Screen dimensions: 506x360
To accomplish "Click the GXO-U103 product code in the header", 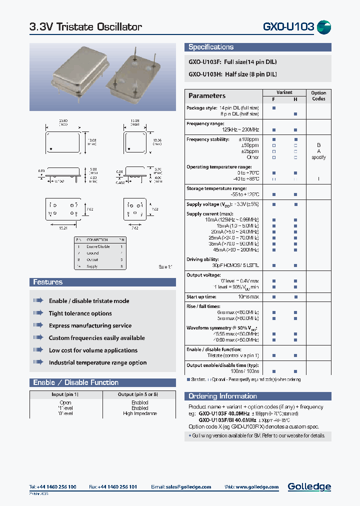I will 288,27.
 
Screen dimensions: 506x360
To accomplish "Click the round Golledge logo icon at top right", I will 324,27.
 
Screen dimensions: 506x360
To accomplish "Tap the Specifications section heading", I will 210,47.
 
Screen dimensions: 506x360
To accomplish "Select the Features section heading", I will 47,282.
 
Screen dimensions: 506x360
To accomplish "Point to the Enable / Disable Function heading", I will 75,382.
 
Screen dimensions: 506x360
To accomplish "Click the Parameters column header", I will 206,95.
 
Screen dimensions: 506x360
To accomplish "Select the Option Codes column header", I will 318,95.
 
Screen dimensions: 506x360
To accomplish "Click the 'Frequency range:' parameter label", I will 205,123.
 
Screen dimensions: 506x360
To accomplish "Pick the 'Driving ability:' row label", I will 202,259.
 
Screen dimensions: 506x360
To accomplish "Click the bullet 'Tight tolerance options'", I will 80,313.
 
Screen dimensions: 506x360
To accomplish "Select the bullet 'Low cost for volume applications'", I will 93,350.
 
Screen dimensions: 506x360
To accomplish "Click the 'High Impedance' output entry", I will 139,413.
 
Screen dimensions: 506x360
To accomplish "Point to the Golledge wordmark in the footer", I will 309,486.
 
